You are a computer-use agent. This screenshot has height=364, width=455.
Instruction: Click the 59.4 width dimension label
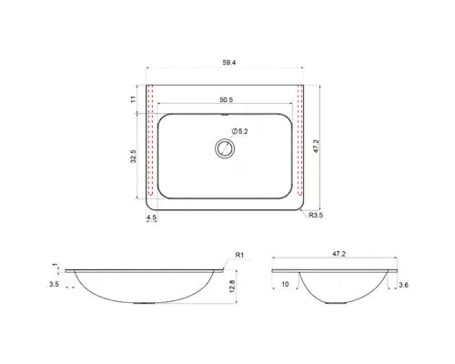(229, 63)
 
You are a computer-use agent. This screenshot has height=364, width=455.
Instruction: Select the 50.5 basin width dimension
(227, 99)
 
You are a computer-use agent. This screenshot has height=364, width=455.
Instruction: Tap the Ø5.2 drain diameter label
(239, 131)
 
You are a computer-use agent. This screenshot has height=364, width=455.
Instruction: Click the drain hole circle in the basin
(225, 148)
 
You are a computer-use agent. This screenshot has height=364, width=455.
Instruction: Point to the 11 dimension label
(133, 99)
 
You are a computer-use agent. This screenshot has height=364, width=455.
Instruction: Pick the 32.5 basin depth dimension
(134, 157)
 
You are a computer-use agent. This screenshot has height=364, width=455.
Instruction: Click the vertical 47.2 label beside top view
(316, 147)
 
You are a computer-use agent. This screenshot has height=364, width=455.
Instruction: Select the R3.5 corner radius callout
(316, 216)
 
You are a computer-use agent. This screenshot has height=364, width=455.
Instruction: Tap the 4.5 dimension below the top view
(151, 217)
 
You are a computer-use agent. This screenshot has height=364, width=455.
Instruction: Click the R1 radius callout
(239, 255)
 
